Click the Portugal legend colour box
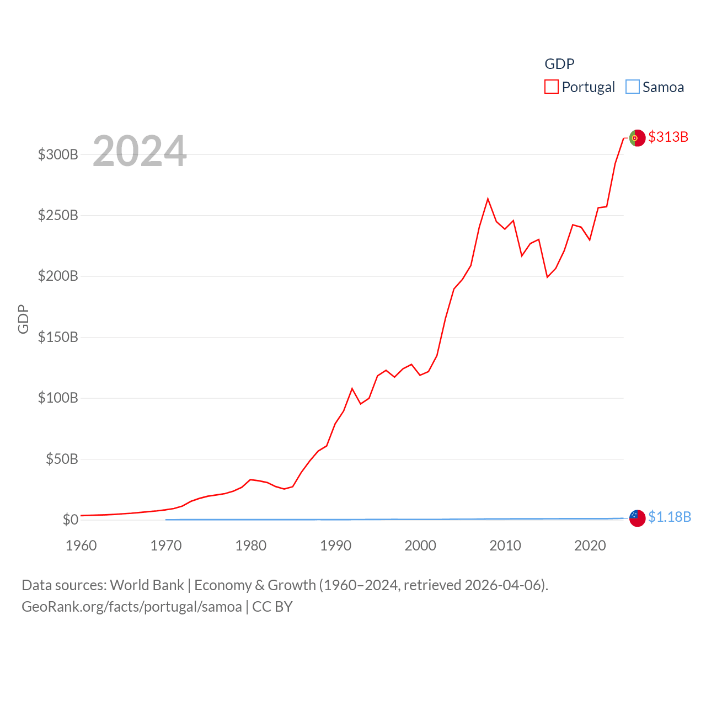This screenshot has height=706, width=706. pyautogui.click(x=552, y=87)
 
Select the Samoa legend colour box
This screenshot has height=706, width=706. pyautogui.click(x=633, y=87)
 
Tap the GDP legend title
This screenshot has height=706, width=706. pyautogui.click(x=559, y=64)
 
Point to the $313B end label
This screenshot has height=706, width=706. pyautogui.click(x=668, y=137)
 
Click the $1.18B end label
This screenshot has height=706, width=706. pyautogui.click(x=669, y=517)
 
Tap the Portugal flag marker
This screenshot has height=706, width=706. pyautogui.click(x=637, y=138)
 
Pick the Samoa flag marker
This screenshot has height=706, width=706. pyautogui.click(x=637, y=518)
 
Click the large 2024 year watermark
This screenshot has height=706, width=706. pyautogui.click(x=140, y=151)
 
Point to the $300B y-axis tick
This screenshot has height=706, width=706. pyautogui.click(x=58, y=154)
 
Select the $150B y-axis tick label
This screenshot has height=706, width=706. pyautogui.click(x=58, y=337)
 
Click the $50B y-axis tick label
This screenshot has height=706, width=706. pyautogui.click(x=62, y=459)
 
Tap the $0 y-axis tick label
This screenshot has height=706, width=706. pyautogui.click(x=70, y=520)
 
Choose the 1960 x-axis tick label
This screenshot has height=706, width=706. pyautogui.click(x=81, y=545)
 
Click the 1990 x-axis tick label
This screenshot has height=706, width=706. pyautogui.click(x=335, y=545)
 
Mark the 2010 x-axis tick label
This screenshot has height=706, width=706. pyautogui.click(x=505, y=545)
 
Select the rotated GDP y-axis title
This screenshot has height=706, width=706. pyautogui.click(x=23, y=319)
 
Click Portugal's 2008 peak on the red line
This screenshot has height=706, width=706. pyautogui.click(x=488, y=199)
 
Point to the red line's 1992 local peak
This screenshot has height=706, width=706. pyautogui.click(x=352, y=389)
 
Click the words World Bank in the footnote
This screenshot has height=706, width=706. pyautogui.click(x=147, y=585)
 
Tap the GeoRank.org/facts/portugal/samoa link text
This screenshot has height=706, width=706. pyautogui.click(x=132, y=607)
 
